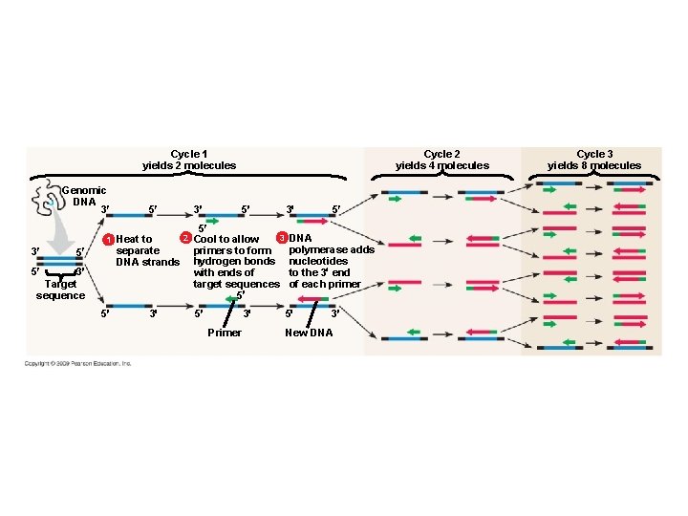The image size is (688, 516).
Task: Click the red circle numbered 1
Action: point(109,239)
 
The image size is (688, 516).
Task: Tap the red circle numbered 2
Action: point(186,237)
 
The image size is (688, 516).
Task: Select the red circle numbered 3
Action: point(281,237)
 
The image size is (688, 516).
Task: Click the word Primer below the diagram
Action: point(225,333)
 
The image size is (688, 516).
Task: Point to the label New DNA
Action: point(309,333)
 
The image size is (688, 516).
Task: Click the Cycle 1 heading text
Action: point(189,154)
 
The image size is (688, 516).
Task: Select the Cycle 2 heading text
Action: point(441,154)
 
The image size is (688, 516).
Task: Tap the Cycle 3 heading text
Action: point(594,154)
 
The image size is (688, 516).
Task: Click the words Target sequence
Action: point(60,290)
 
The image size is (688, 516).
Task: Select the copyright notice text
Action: point(78,363)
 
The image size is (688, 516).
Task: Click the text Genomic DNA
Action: point(84,196)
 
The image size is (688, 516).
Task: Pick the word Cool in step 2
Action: point(206,239)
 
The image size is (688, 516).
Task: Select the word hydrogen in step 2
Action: point(216,261)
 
